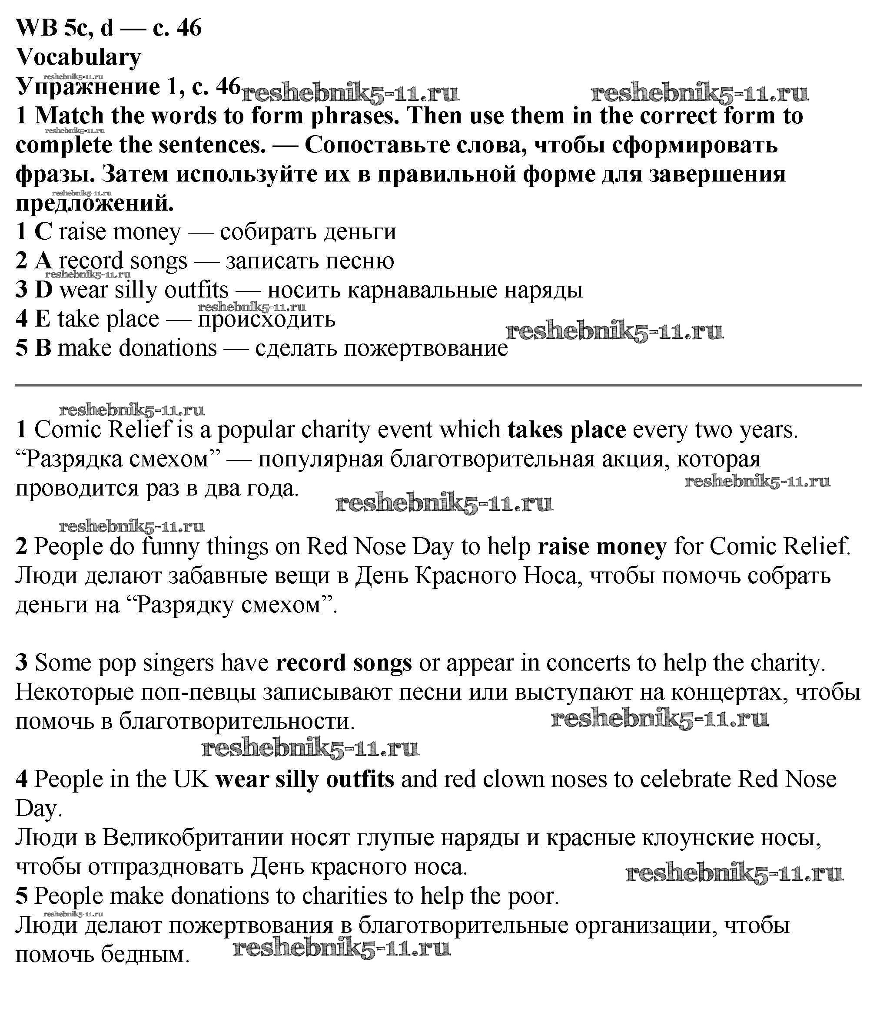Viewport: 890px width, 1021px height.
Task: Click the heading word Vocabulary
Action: click(79, 58)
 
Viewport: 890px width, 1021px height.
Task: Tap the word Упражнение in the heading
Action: click(87, 87)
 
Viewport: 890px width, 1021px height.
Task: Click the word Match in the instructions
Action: click(69, 116)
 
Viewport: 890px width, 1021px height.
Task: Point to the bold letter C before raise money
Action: click(43, 232)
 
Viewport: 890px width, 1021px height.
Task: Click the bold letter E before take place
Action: click(43, 319)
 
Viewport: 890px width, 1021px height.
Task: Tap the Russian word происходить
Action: click(266, 319)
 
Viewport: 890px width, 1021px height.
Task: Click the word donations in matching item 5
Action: click(168, 348)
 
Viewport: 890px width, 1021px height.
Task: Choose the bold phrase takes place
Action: click(566, 430)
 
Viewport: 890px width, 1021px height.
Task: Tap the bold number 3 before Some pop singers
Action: click(21, 664)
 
